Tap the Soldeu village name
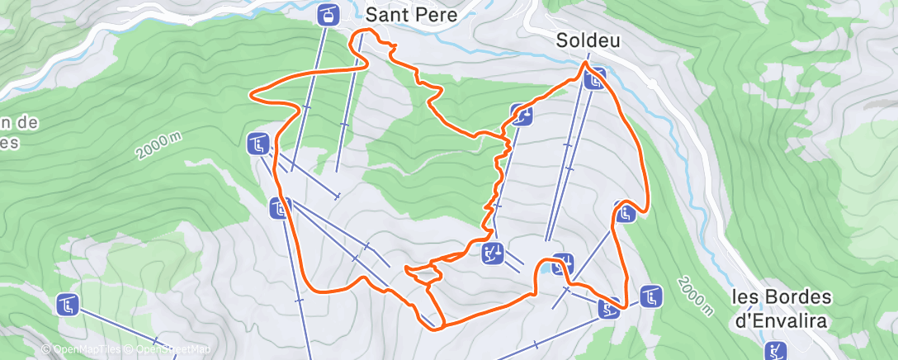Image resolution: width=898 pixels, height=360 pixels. (x=587, y=40)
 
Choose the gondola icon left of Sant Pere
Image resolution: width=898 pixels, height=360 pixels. (x=328, y=15)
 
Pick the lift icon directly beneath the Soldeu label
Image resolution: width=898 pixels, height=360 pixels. (x=594, y=79)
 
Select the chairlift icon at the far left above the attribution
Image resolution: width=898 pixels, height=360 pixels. (x=68, y=304)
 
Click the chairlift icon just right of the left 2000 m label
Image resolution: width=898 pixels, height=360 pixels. (x=258, y=144)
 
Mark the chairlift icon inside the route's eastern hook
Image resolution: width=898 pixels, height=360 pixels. (x=624, y=213)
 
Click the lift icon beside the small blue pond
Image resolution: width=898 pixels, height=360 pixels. (x=562, y=263)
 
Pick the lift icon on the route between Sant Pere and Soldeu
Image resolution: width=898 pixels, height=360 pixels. (x=521, y=116)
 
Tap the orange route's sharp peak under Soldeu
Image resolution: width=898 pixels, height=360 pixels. (x=585, y=62)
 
